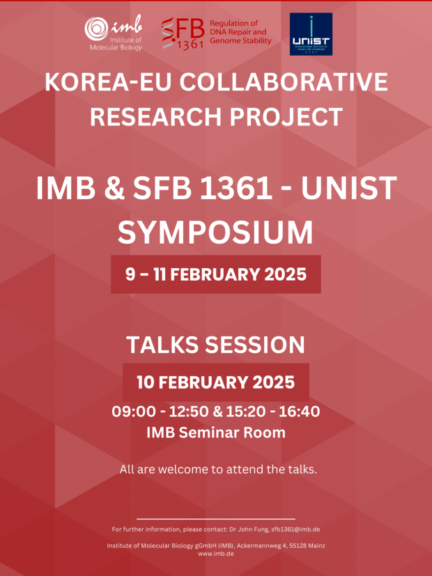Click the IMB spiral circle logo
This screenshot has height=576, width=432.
pos(96,29)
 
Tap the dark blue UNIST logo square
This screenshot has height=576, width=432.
pos(311,34)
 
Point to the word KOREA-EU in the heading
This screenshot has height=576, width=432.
pos(109,82)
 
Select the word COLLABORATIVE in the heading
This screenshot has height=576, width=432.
pos(284,82)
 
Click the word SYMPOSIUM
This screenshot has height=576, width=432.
pos(215,233)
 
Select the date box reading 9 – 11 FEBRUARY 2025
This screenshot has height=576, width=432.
pos(216,274)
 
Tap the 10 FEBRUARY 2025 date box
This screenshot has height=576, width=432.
pos(216,382)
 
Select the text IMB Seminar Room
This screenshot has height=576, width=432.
pos(216,433)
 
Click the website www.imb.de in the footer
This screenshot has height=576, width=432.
pos(216,553)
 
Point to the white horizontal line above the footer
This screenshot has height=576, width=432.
pos(216,519)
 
